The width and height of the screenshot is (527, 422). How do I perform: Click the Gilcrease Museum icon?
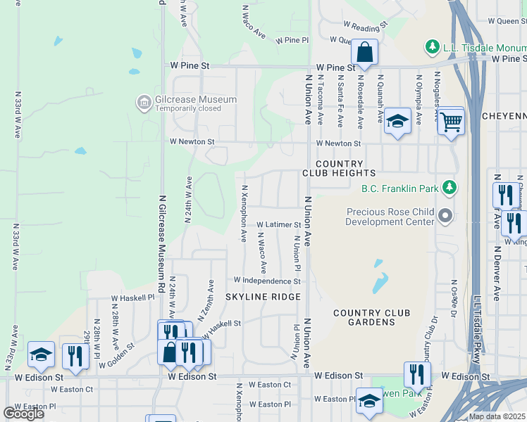(144, 103)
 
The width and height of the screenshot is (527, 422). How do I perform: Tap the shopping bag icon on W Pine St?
(364, 53)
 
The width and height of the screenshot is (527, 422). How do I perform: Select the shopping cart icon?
(451, 122)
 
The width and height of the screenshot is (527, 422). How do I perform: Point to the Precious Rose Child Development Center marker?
(444, 215)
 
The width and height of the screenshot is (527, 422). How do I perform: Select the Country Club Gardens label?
(364, 317)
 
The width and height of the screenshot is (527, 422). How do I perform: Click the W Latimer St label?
(278, 225)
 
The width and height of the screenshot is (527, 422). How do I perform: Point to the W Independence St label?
(267, 281)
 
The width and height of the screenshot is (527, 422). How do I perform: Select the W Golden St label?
(116, 356)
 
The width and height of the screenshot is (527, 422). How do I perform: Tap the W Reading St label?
(365, 26)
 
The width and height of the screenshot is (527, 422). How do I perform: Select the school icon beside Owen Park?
(369, 402)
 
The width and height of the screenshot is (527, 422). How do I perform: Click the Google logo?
(23, 413)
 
